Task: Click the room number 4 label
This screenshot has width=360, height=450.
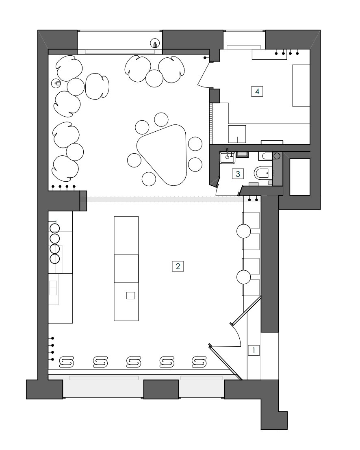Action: [257, 91]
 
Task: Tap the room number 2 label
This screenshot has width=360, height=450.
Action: [178, 266]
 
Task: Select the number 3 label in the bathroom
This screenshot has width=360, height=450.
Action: [238, 174]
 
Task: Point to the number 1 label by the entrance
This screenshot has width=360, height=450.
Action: [254, 350]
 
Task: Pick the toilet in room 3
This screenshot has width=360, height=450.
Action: [262, 173]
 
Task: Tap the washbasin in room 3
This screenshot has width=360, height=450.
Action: [228, 158]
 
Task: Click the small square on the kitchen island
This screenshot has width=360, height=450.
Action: [130, 295]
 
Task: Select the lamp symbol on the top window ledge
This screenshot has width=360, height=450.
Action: [155, 43]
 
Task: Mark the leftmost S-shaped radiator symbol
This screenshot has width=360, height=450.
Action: [67, 362]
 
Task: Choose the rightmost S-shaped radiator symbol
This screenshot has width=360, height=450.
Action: [199, 362]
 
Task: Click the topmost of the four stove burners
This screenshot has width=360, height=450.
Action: [54, 228]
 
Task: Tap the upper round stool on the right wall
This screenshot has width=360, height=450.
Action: [243, 231]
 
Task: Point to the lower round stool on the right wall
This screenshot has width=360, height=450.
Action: [243, 277]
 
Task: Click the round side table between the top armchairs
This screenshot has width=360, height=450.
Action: [154, 78]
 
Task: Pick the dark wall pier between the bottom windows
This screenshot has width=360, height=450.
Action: [160, 389]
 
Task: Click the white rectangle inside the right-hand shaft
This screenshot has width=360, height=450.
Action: [300, 177]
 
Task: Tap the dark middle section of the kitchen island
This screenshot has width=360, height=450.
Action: [126, 269]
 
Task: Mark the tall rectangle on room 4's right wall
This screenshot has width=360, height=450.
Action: [301, 85]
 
